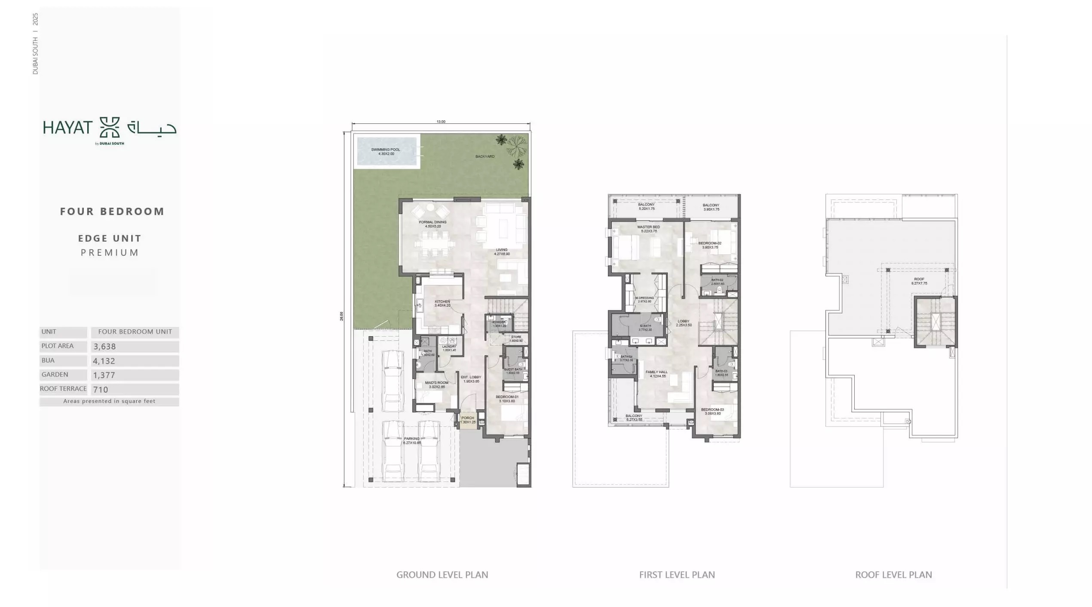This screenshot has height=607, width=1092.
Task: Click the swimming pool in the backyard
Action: click(386, 151)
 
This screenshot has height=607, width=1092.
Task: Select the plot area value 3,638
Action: click(104, 346)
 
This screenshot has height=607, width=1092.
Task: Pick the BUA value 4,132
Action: click(104, 361)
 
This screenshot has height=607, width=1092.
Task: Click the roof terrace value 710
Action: click(100, 389)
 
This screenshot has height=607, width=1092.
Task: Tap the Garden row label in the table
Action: click(55, 374)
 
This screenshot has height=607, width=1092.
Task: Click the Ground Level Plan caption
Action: click(442, 575)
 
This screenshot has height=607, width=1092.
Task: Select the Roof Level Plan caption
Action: click(893, 575)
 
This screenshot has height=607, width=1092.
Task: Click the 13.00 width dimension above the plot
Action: click(441, 122)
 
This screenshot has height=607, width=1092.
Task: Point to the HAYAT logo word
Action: click(67, 128)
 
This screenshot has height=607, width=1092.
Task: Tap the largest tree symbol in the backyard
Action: click(516, 146)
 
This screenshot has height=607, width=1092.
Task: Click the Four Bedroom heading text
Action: click(112, 212)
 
